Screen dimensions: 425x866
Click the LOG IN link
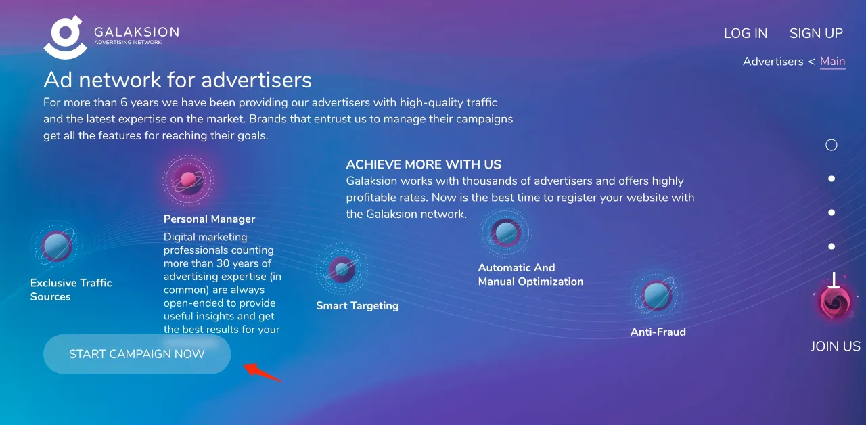(746, 33)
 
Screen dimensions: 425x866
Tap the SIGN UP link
(816, 33)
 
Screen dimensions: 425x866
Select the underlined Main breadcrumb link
(832, 61)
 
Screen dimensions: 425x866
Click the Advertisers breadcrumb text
(773, 61)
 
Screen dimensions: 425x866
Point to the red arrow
(262, 372)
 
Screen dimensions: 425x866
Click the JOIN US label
(835, 346)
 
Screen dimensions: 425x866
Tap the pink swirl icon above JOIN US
(834, 302)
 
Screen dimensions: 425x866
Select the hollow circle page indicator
(831, 145)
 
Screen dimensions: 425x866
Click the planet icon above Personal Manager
(188, 179)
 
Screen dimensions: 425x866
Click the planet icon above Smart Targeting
(342, 269)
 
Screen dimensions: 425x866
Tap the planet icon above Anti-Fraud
(656, 295)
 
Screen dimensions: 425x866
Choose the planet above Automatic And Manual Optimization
(505, 233)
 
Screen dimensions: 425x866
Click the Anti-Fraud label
(658, 332)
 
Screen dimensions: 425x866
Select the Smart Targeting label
(357, 306)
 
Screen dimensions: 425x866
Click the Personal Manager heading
(209, 219)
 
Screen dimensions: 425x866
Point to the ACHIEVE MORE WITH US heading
(424, 164)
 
